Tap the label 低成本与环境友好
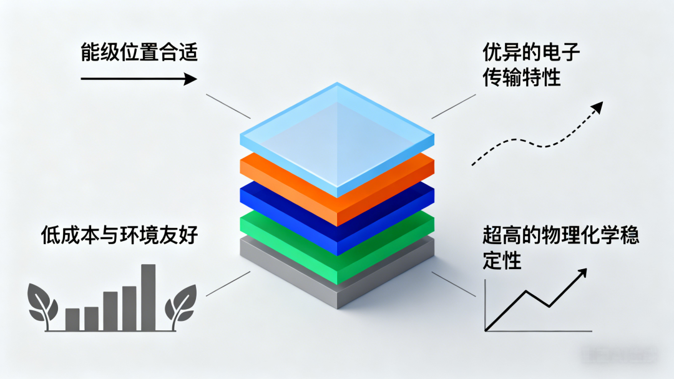[x=119, y=235]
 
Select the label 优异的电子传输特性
[x=531, y=65]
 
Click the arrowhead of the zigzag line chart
[x=582, y=273]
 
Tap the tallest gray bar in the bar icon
[x=148, y=297]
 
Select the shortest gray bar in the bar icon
[x=72, y=319]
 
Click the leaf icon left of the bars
[x=44, y=304]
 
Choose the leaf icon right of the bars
[x=180, y=304]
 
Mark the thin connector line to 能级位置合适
[x=228, y=106]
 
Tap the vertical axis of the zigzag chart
[x=486, y=306]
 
